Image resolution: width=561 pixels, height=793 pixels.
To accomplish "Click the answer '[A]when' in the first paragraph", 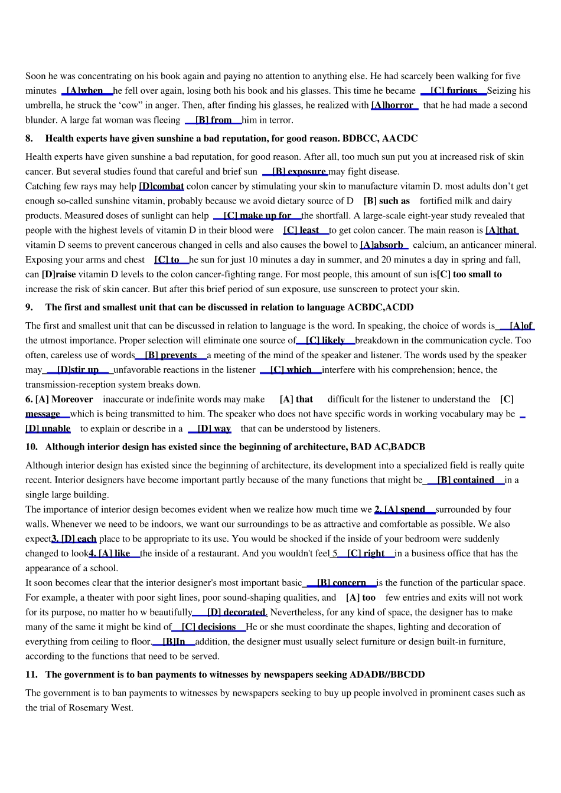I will click(x=85, y=91).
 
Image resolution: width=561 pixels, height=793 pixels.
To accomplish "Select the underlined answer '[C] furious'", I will click(x=454, y=91).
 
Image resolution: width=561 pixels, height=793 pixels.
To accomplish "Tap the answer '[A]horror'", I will click(x=393, y=106).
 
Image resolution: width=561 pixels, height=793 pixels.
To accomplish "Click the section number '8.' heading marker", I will click(x=29, y=139).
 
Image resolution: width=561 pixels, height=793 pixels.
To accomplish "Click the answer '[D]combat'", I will click(x=161, y=186).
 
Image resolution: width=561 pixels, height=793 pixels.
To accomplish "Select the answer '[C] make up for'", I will click(x=257, y=216).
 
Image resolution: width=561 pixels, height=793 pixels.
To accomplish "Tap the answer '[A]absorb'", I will click(x=383, y=245).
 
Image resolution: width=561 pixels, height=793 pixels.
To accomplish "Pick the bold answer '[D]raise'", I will click(x=59, y=274).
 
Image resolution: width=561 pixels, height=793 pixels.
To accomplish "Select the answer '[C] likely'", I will click(x=325, y=340).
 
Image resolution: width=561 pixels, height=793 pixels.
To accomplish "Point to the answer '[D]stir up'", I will click(x=78, y=370).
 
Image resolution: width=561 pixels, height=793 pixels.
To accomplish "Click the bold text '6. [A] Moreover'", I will click(x=59, y=399).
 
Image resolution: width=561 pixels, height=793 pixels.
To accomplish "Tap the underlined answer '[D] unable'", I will click(x=48, y=429).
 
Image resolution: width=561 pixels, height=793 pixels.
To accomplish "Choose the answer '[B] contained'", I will click(x=465, y=480).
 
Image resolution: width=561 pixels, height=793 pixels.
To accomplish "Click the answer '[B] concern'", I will click(x=341, y=583).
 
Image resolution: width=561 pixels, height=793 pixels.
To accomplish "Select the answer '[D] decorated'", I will click(x=236, y=612).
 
